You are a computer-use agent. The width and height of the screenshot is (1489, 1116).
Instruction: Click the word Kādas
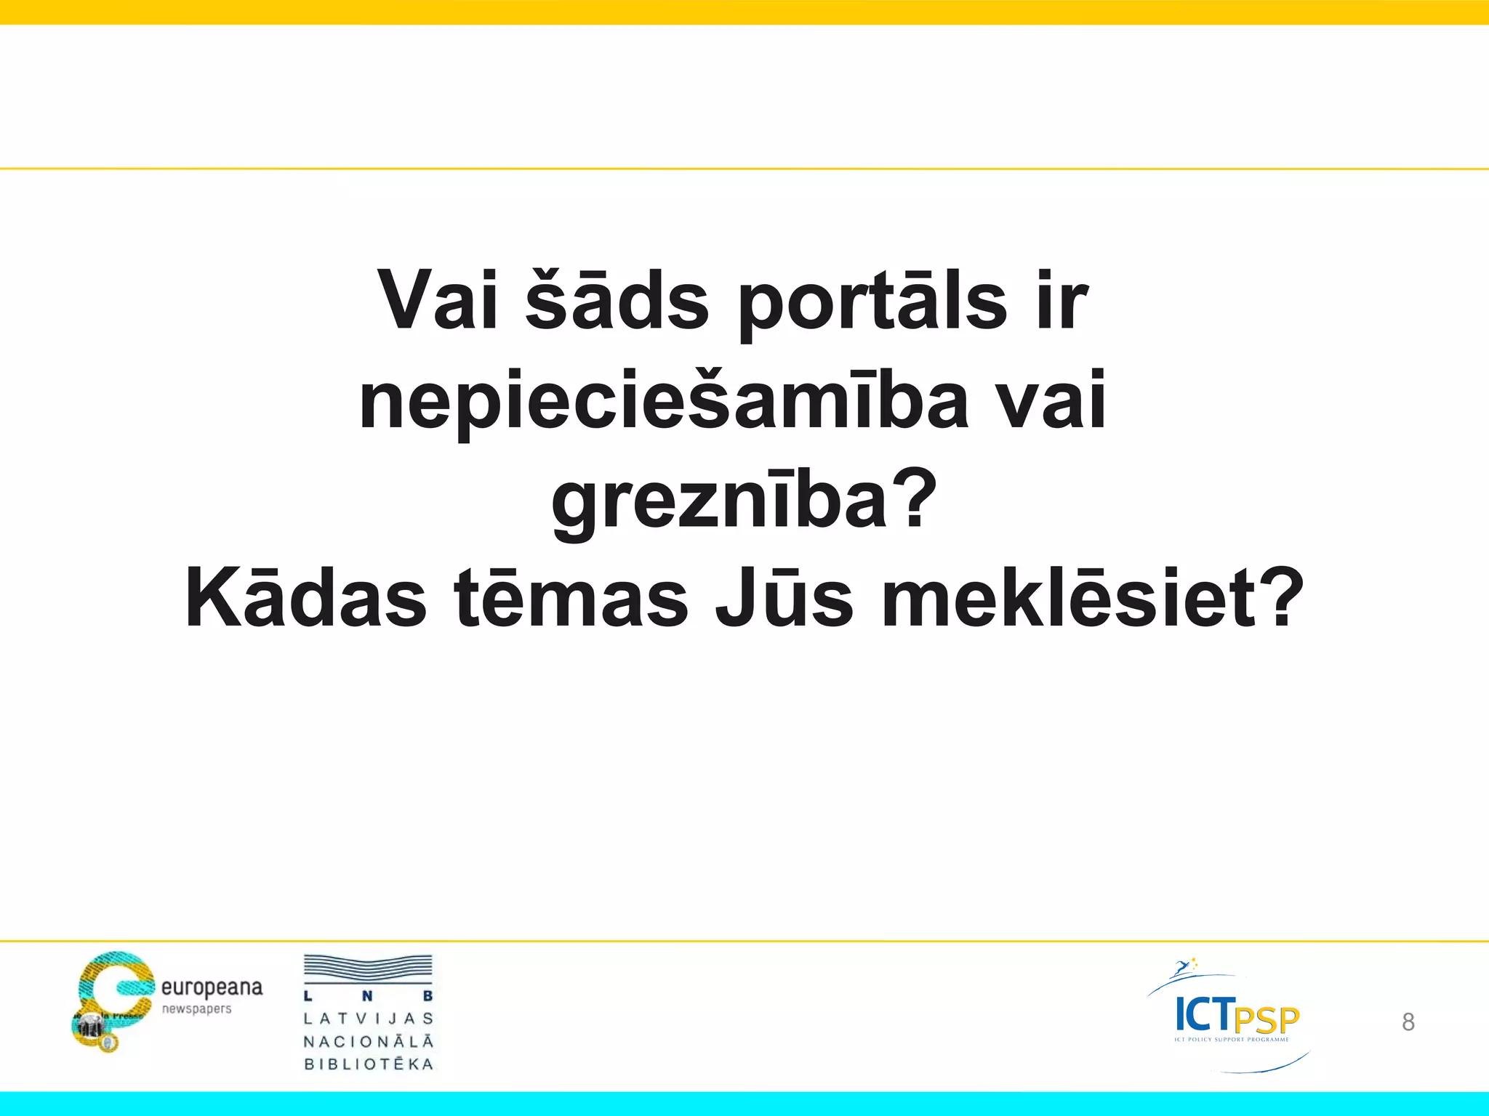click(x=306, y=598)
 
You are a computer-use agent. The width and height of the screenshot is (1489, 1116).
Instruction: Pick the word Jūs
click(x=784, y=598)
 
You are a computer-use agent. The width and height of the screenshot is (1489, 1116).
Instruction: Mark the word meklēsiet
click(x=1069, y=598)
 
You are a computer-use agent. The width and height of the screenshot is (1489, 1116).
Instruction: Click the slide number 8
click(x=1408, y=1022)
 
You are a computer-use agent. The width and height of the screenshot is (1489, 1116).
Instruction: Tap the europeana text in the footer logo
click(x=212, y=988)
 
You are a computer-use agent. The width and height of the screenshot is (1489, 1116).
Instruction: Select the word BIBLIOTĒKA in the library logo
click(x=369, y=1064)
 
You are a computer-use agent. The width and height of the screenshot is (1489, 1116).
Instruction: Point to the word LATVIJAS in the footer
click(x=369, y=1019)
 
